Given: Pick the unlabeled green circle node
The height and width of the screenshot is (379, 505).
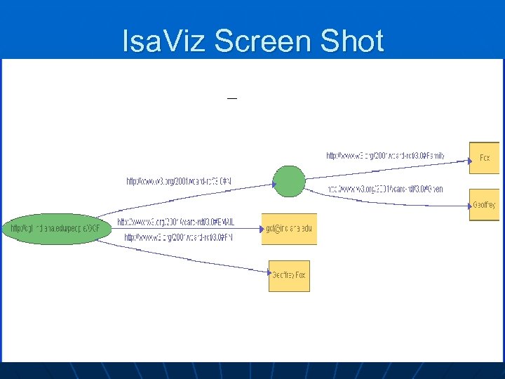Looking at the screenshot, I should point(288,182).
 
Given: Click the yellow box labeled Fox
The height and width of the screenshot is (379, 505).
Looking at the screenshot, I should point(485,158).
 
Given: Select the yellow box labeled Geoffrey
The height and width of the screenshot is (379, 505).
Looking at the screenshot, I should point(485,205).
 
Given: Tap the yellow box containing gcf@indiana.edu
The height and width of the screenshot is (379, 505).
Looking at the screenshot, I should point(289,229).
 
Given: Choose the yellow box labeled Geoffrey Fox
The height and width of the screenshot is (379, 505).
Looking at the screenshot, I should point(289,276).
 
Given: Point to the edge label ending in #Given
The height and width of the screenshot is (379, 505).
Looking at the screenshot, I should point(386,189).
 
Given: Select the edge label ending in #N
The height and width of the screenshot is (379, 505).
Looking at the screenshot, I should point(179,181).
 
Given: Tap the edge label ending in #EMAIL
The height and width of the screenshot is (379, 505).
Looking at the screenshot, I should point(176,222).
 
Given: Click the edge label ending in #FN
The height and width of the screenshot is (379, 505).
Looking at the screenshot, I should point(178,238).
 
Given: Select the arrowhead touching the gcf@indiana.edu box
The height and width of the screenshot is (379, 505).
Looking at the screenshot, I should point(258,226).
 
